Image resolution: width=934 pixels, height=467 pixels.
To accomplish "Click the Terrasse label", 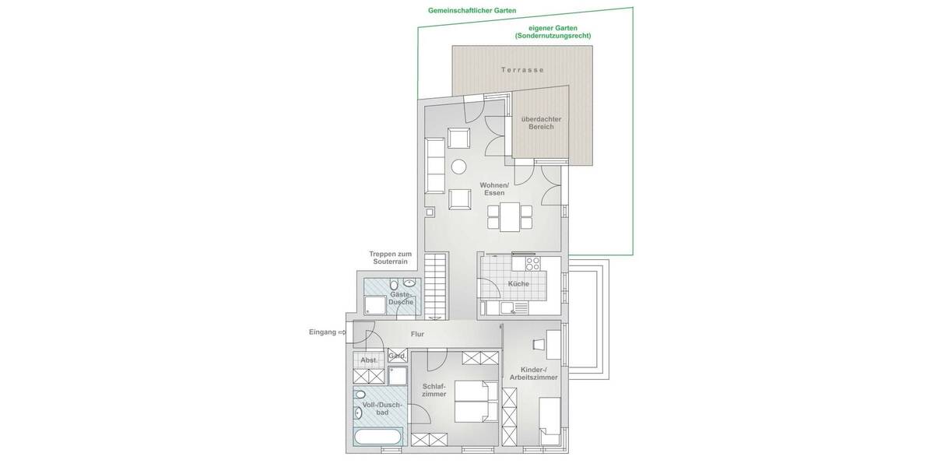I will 522,70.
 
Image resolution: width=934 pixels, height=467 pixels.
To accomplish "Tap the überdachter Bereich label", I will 541,123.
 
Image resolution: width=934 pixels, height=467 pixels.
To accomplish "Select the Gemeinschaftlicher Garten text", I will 472,11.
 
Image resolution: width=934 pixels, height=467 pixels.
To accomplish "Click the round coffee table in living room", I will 459,166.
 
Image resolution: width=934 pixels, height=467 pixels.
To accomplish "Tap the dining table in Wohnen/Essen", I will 510,216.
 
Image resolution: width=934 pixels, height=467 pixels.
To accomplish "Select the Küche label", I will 518,284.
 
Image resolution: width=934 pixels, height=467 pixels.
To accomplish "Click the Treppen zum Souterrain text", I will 390,258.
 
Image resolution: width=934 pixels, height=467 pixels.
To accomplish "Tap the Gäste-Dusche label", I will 402,298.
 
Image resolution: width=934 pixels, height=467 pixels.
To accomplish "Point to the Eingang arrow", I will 341,332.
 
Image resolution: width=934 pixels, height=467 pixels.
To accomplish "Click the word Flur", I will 417,334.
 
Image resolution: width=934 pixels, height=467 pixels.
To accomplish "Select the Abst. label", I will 368,360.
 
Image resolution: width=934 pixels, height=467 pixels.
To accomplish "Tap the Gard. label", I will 397,356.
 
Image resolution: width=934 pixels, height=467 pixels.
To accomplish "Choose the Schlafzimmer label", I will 434,390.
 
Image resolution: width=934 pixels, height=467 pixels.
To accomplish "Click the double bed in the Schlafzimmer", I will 475,402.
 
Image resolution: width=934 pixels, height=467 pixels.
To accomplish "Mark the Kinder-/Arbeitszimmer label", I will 533,373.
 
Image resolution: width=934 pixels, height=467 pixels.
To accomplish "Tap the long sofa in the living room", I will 435,166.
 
